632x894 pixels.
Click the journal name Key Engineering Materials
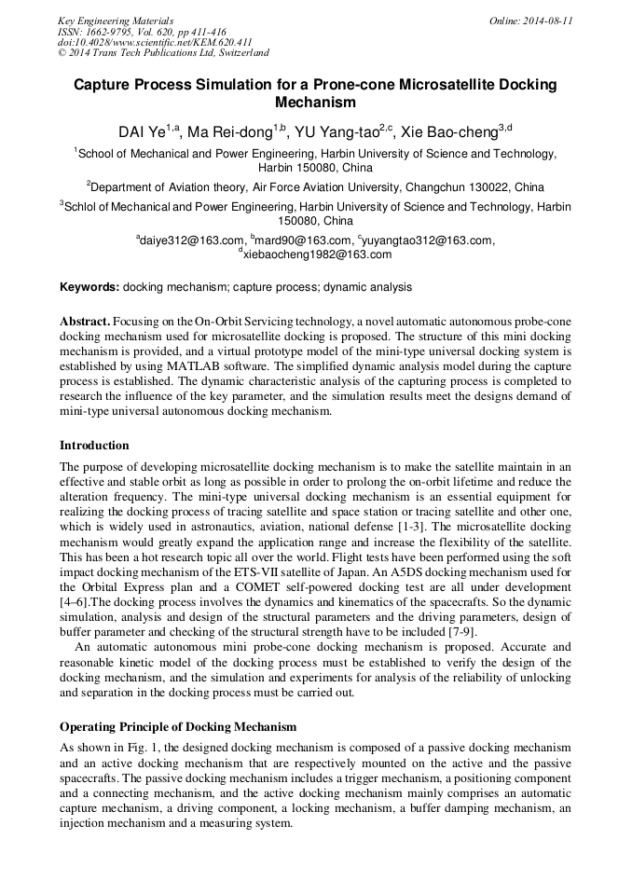pos(116,20)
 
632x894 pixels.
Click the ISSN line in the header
pos(142,31)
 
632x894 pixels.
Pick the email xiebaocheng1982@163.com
pos(317,254)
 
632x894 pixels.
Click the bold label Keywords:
pos(89,287)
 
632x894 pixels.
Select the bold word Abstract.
pos(86,321)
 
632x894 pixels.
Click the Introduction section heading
pos(94,445)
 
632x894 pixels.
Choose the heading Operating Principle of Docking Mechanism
pos(178,726)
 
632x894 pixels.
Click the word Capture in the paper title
pos(104,85)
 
